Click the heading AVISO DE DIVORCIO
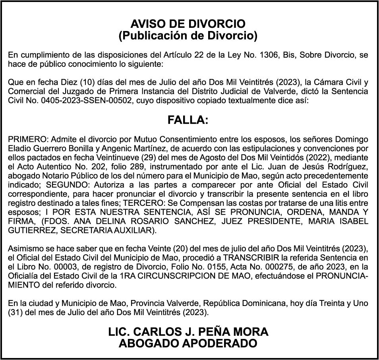(x=188, y=24)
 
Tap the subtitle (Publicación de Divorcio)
(x=188, y=36)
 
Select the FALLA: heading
(x=188, y=120)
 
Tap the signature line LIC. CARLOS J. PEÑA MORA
(x=188, y=332)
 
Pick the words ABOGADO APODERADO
(x=188, y=343)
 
